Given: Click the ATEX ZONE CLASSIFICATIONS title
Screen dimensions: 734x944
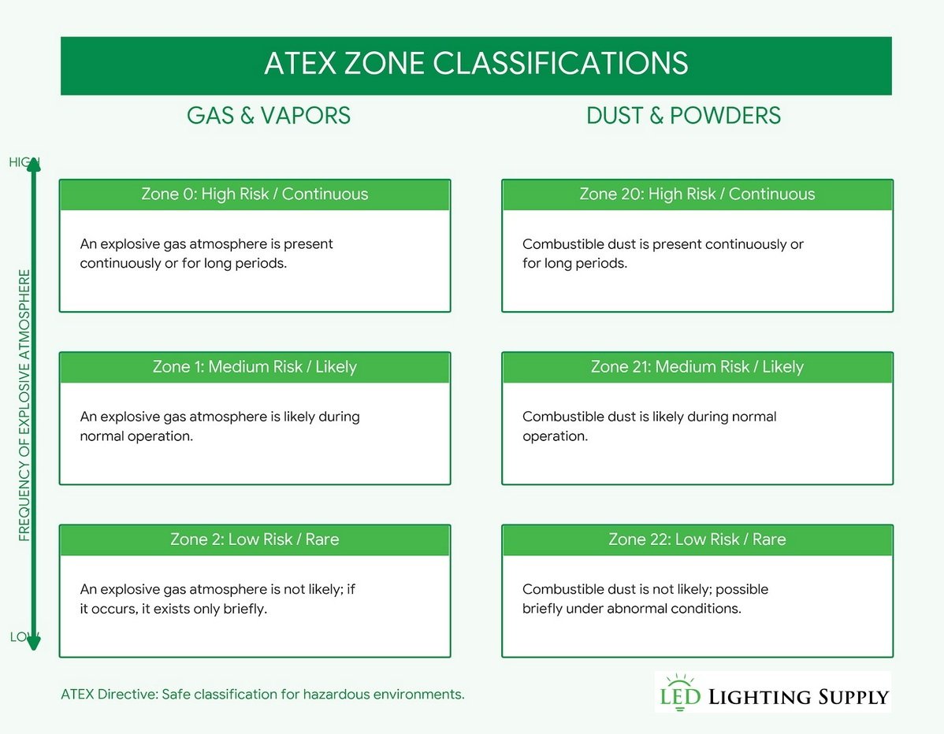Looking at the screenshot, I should point(476,64).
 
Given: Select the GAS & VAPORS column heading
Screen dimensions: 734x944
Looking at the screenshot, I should point(268,116).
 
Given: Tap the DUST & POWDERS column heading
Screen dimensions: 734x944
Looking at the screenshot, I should point(683,116).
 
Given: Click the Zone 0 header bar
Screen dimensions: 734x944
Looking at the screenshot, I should point(255,195).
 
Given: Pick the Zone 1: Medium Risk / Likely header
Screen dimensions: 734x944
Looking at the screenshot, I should point(255,367).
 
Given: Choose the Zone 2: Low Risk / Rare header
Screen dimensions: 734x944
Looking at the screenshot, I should point(255,539).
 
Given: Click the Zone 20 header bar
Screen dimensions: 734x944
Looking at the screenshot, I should point(697,195).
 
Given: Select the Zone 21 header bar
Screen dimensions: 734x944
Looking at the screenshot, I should point(697,367).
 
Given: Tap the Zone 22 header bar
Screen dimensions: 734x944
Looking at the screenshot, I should point(697,539).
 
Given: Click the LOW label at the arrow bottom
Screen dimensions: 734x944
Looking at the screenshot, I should point(21,637).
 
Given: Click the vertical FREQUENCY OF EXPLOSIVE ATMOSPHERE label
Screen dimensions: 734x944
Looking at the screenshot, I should point(24,406).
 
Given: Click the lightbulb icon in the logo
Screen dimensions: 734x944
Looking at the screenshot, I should point(677,683).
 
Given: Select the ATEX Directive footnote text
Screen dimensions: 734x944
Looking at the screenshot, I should point(262,695).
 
